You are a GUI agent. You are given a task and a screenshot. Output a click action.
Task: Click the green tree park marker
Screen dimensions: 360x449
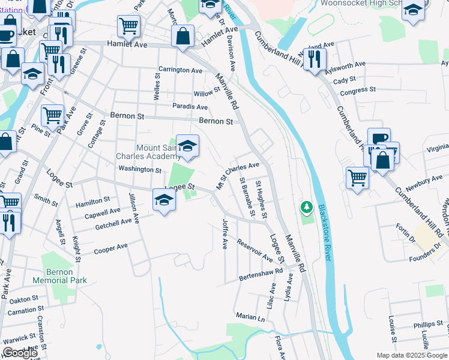tap(307, 208)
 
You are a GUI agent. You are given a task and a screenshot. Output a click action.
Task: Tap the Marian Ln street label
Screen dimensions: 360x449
tap(250, 316)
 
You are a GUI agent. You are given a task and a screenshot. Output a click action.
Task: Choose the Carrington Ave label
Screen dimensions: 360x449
tap(180, 70)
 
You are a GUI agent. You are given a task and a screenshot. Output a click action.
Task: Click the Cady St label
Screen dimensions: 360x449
tap(345, 80)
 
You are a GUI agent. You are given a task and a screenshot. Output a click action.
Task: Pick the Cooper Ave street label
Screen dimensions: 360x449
tap(111, 248)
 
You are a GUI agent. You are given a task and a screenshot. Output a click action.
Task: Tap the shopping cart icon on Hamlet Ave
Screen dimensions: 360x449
tap(128, 26)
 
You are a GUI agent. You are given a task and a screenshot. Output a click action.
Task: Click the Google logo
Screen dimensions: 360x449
tap(19, 353)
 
